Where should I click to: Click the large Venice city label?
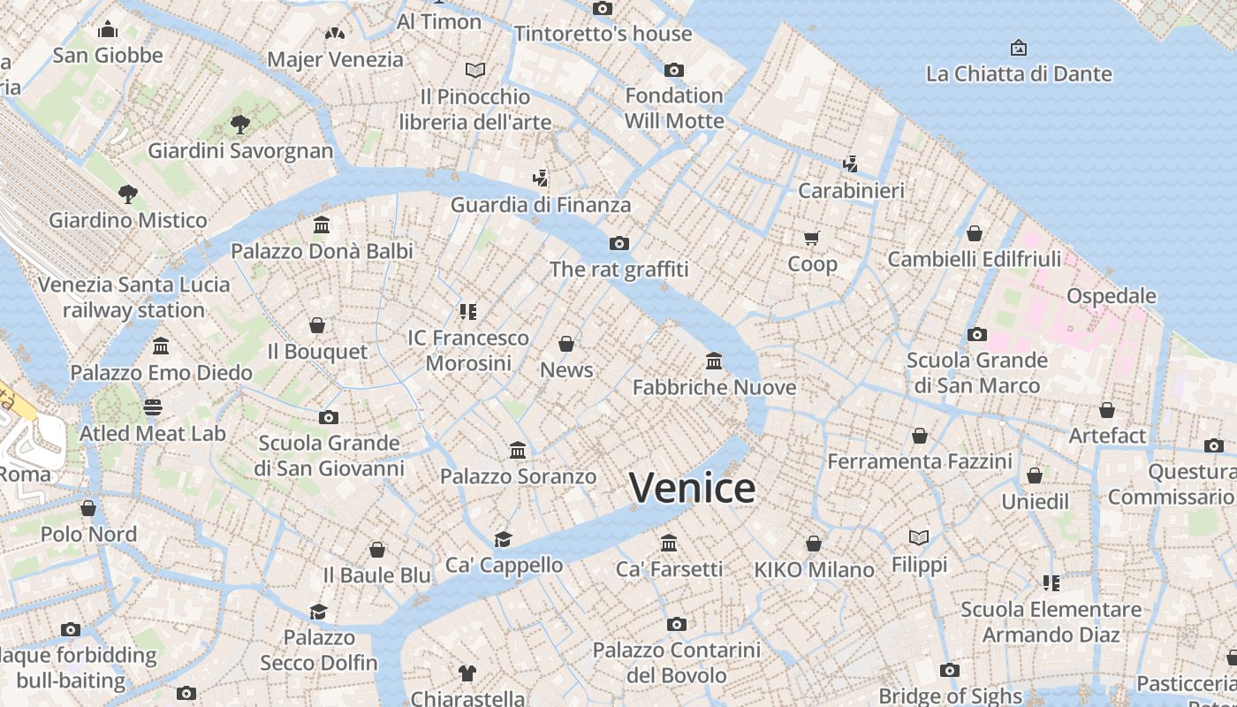click(x=692, y=488)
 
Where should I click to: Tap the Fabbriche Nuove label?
click(x=714, y=387)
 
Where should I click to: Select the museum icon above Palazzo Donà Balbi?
click(x=322, y=225)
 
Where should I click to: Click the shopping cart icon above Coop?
click(x=812, y=238)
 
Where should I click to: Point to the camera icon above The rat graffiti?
click(x=618, y=243)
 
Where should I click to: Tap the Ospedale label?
click(x=1112, y=295)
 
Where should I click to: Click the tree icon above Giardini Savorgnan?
click(x=239, y=124)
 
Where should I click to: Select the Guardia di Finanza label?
click(x=541, y=205)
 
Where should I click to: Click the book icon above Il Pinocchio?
click(x=475, y=70)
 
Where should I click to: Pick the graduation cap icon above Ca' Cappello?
click(x=503, y=539)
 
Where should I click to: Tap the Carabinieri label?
click(x=851, y=190)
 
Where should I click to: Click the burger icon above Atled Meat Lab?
click(x=153, y=407)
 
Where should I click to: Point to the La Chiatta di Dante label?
click(x=1019, y=73)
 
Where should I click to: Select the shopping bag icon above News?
click(x=566, y=344)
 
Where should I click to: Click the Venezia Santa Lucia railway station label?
click(x=133, y=297)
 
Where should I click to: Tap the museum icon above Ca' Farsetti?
click(x=669, y=543)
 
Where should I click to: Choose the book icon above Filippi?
click(x=919, y=537)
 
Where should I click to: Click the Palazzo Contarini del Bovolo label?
click(x=676, y=663)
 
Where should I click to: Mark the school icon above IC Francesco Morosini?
click(x=468, y=311)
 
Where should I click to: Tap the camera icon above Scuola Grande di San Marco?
click(x=976, y=334)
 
